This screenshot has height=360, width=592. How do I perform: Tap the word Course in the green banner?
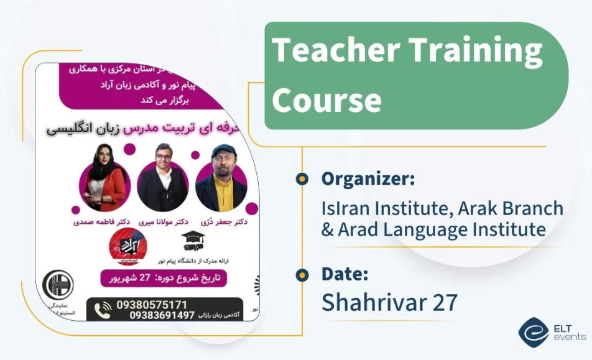(326, 99)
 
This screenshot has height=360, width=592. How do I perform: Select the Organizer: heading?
(368, 179)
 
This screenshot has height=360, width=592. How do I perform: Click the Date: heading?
(345, 274)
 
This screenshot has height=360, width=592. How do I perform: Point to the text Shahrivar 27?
(389, 302)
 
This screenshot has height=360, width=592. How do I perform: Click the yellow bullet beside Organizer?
(302, 180)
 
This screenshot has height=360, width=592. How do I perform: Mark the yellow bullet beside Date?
(302, 274)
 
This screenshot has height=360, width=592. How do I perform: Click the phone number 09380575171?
(151, 305)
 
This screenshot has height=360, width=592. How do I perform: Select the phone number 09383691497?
(162, 316)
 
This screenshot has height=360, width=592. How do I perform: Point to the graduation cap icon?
(193, 240)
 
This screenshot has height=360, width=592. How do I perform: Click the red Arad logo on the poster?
(127, 244)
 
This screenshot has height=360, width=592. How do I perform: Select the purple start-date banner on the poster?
(164, 277)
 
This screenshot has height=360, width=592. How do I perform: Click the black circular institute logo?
(58, 285)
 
